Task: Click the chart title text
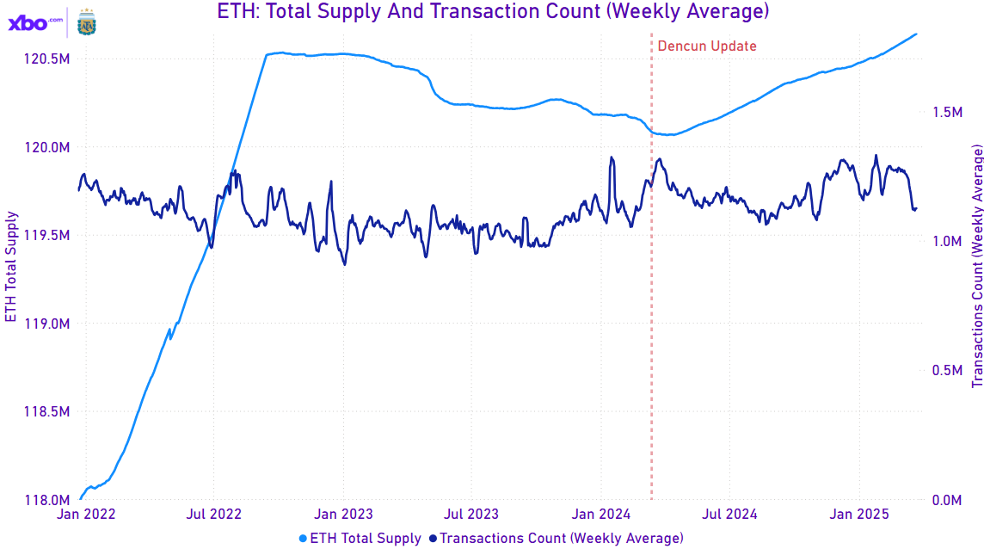pos(491,12)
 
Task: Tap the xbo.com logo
pos(35,22)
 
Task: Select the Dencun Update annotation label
pos(707,46)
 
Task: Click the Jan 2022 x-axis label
pos(85,515)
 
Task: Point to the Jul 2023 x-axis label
pos(471,515)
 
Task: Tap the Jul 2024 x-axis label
pos(729,515)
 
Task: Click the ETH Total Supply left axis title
pos(11,266)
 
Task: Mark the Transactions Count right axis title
pos(977,266)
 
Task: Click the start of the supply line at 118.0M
pos(80,499)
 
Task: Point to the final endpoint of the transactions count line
pos(916,207)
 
